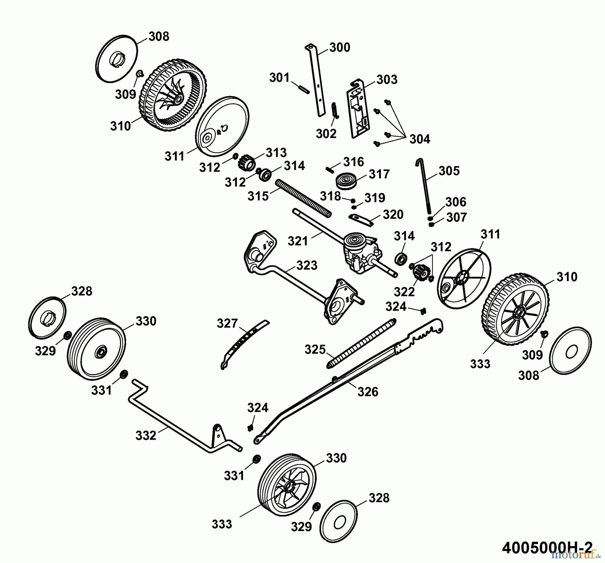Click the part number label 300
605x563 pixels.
point(339,47)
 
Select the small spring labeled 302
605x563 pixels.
point(335,110)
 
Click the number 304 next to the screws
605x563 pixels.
point(419,139)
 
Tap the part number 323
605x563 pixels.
point(307,265)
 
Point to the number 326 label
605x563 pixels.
point(368,391)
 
